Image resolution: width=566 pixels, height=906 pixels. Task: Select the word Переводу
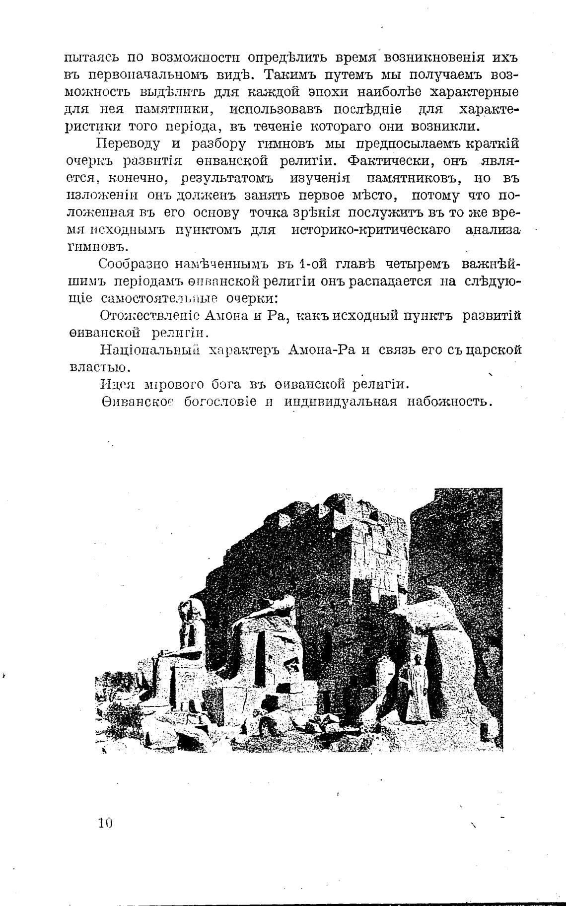point(129,144)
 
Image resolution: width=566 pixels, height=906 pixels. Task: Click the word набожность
point(449,402)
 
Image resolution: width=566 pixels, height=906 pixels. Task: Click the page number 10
point(106,824)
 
